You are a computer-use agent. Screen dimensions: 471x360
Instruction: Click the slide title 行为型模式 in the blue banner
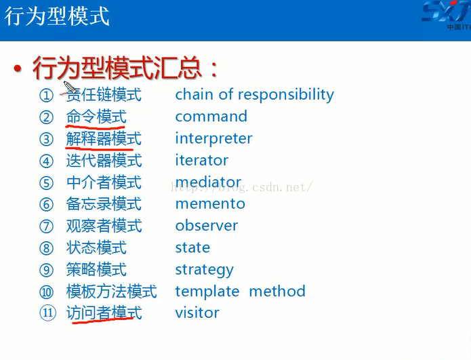(x=57, y=16)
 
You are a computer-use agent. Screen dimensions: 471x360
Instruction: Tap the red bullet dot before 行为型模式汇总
(x=18, y=69)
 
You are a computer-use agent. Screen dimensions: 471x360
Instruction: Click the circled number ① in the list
(x=46, y=96)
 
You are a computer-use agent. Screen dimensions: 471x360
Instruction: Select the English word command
(x=211, y=117)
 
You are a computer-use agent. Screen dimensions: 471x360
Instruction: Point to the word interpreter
(x=213, y=139)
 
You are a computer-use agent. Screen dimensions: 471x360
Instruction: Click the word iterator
(x=201, y=160)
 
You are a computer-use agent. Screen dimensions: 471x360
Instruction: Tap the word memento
(x=210, y=204)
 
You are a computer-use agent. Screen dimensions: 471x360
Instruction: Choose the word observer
(x=207, y=225)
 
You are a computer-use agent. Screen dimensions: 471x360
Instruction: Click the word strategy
(x=204, y=270)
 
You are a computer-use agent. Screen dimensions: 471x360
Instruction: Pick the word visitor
(x=197, y=313)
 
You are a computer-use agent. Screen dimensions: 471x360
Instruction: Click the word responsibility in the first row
(x=286, y=95)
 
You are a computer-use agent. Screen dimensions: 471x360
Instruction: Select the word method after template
(x=277, y=291)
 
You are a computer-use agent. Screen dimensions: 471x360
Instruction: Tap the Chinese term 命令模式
(x=96, y=117)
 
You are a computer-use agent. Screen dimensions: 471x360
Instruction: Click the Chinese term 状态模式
(x=96, y=247)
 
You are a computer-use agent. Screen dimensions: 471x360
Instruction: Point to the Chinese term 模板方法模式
(x=111, y=292)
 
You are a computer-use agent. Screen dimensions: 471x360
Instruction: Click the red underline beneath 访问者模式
(x=103, y=320)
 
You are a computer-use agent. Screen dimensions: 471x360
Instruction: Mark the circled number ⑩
(x=46, y=292)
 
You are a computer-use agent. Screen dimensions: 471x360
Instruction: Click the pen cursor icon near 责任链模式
(x=70, y=87)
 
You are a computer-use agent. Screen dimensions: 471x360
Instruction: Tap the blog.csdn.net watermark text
(x=242, y=187)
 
